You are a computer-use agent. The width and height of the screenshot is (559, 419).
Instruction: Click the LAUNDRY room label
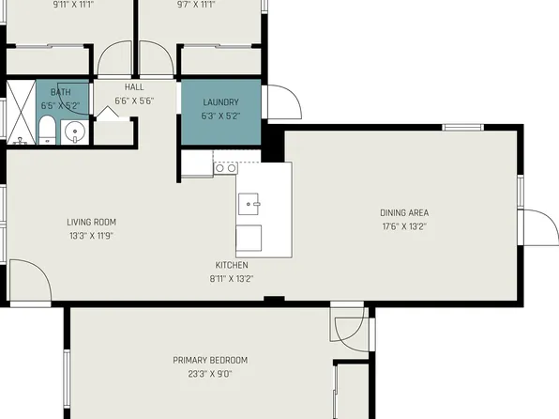pos(219,101)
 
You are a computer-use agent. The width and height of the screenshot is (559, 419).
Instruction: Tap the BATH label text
pos(61,92)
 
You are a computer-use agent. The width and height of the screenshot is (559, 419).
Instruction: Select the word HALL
pos(134,87)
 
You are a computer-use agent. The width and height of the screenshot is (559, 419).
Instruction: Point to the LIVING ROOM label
pos(91,223)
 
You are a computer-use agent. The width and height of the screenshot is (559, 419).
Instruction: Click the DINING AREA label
pos(404,212)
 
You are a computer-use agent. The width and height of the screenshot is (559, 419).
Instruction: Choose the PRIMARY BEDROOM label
pos(210,360)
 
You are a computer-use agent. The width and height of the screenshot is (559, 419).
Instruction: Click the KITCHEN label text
pos(231,264)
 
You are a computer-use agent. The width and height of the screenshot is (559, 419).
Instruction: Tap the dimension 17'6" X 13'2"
pos(404,225)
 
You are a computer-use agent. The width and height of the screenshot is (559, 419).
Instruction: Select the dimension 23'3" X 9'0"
pos(210,373)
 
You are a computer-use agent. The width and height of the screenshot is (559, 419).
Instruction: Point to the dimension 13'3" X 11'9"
pos(91,236)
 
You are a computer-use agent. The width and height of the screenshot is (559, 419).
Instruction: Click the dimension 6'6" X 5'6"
pos(134,101)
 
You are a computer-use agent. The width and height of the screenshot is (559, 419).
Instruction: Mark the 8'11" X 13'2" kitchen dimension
pos(231,278)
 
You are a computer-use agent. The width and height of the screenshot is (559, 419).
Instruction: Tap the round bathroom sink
pos(75,132)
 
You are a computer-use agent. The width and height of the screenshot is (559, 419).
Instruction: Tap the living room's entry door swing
pos(28,282)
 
